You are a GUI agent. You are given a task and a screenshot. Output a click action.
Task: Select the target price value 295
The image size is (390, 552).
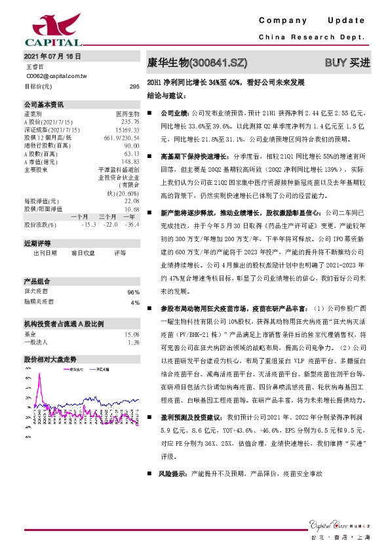pos(134,87)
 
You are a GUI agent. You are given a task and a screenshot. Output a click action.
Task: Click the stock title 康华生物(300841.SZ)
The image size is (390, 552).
pos(197,63)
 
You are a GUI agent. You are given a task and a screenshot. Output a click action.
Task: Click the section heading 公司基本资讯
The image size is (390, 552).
pos(44,104)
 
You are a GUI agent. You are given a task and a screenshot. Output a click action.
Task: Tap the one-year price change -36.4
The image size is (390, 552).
pos(132,225)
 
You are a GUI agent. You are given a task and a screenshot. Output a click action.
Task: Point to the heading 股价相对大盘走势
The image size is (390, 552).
pos(50,360)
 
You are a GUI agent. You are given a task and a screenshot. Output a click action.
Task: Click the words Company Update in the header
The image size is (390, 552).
pos(315,22)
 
